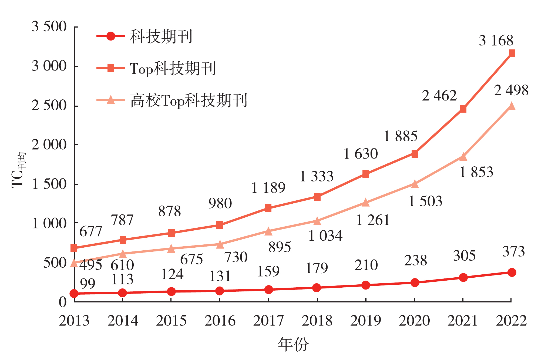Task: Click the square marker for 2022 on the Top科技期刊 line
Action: click(512, 53)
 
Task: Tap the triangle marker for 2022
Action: click(512, 106)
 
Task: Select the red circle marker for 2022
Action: click(512, 272)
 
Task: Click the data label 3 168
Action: click(496, 41)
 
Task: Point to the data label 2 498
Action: click(511, 90)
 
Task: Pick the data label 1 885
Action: click(401, 136)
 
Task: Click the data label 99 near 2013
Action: click(88, 284)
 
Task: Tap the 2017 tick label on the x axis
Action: click(268, 321)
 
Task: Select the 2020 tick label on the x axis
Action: click(414, 321)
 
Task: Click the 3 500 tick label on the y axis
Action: click(49, 27)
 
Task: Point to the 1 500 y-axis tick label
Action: click(49, 184)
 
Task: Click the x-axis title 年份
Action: click(293, 344)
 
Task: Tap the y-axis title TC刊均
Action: click(18, 170)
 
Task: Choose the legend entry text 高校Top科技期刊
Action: click(189, 100)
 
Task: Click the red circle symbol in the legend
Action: click(111, 36)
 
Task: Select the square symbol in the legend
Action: click(111, 68)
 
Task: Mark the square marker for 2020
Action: click(415, 154)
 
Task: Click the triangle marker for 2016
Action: click(220, 244)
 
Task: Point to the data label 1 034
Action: click(325, 236)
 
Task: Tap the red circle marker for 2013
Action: click(74, 293)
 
